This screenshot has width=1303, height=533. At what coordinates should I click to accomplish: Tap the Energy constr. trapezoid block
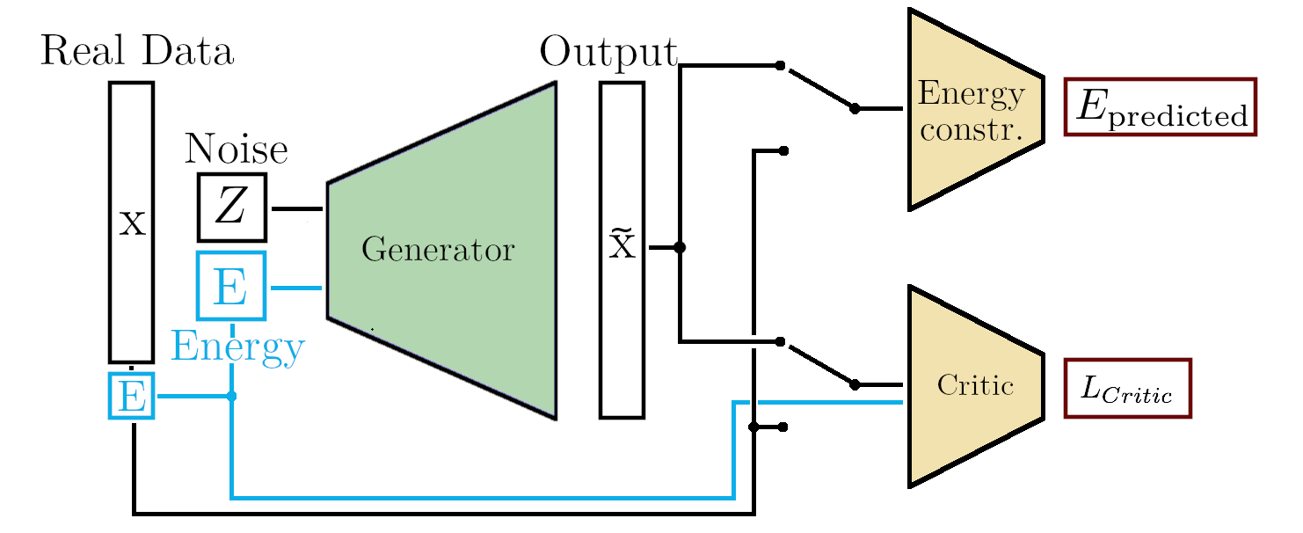(x=972, y=109)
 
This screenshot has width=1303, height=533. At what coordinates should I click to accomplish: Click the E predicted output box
(x=1160, y=106)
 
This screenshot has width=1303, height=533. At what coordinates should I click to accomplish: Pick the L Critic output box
(x=1127, y=388)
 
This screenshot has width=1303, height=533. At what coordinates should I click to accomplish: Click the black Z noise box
(x=231, y=208)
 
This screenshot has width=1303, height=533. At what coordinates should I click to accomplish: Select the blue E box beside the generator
(x=231, y=286)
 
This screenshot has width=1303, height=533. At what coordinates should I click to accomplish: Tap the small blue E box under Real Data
(x=131, y=396)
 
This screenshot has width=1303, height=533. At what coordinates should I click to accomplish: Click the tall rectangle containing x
(x=131, y=222)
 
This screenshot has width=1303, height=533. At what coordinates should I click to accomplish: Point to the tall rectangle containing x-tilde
(x=622, y=249)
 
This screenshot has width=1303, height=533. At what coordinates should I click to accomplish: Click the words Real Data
(x=137, y=53)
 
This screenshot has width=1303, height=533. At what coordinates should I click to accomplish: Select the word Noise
(x=236, y=150)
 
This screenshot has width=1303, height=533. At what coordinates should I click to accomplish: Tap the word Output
(x=608, y=53)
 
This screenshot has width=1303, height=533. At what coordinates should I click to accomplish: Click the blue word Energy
(x=237, y=347)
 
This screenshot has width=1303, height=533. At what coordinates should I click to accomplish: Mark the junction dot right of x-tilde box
(x=679, y=248)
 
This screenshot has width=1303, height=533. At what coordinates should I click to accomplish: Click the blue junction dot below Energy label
(x=231, y=397)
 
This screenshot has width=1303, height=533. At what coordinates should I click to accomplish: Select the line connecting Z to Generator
(x=297, y=209)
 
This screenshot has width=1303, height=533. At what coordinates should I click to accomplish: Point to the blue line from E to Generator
(x=297, y=288)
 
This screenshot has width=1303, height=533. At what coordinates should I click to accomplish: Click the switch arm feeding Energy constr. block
(x=818, y=87)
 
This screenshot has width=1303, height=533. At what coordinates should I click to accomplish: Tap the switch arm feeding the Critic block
(x=818, y=362)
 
